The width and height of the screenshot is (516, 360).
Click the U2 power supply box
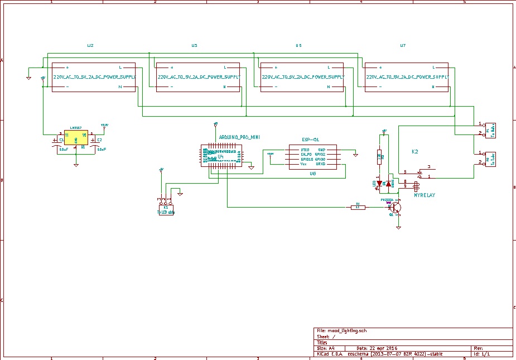pos(94,77)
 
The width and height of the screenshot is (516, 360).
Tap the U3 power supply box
pos(197,77)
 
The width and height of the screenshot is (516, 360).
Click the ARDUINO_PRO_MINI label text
pos(239,137)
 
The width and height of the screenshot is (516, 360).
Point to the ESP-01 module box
pos(312,157)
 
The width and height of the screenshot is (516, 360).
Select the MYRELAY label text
pos(425,195)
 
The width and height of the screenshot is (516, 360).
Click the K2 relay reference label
pos(415,152)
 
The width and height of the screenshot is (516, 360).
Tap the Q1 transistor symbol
pos(396,208)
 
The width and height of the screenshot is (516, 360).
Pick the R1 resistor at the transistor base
pos(358,207)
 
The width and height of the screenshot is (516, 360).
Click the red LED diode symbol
pos(379,183)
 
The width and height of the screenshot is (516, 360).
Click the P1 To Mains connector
pos(490,129)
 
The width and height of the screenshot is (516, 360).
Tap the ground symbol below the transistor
pos(398,227)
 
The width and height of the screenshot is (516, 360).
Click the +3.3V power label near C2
pos(104,125)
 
